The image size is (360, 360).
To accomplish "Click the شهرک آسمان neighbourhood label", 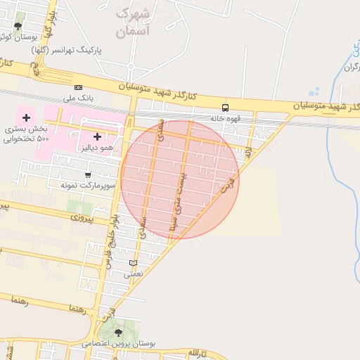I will [x=132, y=22].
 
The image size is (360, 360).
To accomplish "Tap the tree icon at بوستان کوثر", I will [x=17, y=27].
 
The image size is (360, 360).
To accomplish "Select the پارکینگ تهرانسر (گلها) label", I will [x=68, y=51].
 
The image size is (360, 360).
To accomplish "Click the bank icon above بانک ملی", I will [x=78, y=86].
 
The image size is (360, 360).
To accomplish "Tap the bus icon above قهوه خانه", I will [x=226, y=108].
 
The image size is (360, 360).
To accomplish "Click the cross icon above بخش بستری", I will [x=27, y=117].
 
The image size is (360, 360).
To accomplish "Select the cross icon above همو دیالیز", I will [x=97, y=136].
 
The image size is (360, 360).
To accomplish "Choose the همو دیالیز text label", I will [x=97, y=147].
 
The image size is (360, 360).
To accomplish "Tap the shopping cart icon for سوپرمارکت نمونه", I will [x=88, y=174].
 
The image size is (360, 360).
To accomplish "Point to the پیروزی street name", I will [x=87, y=219].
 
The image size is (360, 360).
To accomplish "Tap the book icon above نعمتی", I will [x=133, y=263].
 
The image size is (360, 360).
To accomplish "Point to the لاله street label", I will [x=248, y=150].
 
